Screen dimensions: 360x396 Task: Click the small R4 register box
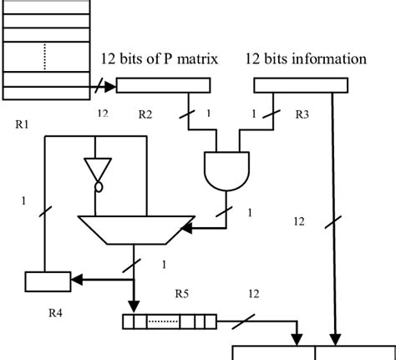pyautogui.click(x=47, y=281)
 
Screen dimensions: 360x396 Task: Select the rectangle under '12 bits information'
pyautogui.click(x=300, y=84)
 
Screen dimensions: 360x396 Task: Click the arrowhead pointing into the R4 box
pyautogui.click(x=77, y=281)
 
